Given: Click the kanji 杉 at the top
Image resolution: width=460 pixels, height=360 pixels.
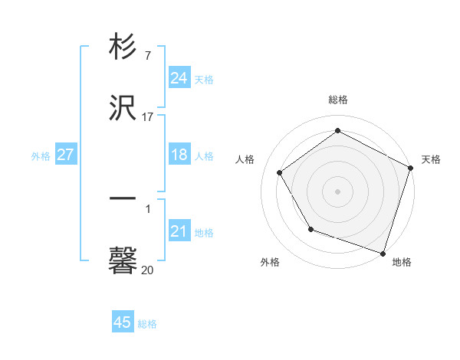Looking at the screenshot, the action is (x=123, y=47).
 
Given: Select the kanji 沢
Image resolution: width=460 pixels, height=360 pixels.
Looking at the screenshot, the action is (x=123, y=109).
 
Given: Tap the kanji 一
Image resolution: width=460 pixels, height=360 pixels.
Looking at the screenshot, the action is (x=123, y=198).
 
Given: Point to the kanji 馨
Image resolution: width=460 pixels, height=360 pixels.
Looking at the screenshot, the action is (x=123, y=259).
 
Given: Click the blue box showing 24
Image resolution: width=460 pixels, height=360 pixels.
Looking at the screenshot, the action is (x=179, y=77).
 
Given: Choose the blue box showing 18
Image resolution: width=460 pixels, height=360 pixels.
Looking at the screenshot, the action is (x=179, y=155).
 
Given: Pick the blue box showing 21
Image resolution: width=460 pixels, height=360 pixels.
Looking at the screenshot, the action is (x=179, y=231).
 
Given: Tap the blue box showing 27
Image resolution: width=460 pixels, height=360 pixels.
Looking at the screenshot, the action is (x=66, y=155).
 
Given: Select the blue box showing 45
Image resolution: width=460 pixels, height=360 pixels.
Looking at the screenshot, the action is (x=123, y=322).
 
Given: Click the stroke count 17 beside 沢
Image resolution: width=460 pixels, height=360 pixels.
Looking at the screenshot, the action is (x=148, y=117).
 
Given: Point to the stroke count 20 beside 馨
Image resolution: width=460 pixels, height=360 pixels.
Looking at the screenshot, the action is (x=148, y=270).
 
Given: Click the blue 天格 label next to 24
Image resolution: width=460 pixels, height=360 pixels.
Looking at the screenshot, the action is (x=204, y=79).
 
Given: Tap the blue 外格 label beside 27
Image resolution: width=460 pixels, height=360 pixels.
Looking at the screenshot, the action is (x=41, y=155).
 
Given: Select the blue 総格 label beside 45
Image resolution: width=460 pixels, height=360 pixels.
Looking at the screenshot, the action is (x=147, y=324).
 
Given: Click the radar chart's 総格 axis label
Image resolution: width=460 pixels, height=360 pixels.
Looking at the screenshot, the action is (x=338, y=100).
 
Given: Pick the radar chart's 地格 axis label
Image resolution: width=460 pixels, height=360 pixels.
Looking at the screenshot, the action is (x=402, y=263).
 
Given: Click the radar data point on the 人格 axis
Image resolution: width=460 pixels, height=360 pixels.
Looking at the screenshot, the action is (x=280, y=172).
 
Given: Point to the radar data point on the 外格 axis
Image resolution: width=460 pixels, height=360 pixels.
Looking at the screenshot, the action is (x=310, y=229).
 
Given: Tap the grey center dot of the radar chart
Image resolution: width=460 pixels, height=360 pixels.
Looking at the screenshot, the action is (x=338, y=191).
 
